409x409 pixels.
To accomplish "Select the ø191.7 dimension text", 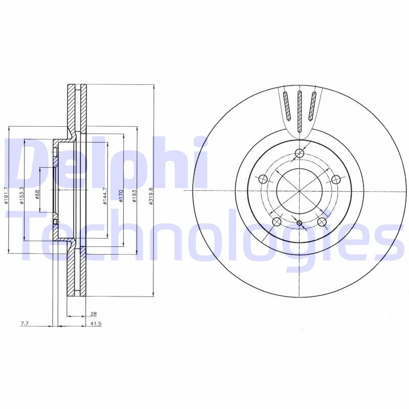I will tap(6, 195).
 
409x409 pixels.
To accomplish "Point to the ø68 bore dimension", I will tap(37, 195).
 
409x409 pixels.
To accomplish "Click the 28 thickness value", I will tap(94, 314).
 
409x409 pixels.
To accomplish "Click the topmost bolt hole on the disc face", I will tap(300, 154).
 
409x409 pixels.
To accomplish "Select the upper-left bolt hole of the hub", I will tap(263, 179).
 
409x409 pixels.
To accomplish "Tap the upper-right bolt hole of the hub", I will tap(336, 179).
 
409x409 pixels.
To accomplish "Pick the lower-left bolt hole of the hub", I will tap(277, 222).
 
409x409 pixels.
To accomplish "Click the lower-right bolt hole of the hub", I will tap(322, 222).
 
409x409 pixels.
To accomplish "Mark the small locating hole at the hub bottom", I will tap(300, 222).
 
